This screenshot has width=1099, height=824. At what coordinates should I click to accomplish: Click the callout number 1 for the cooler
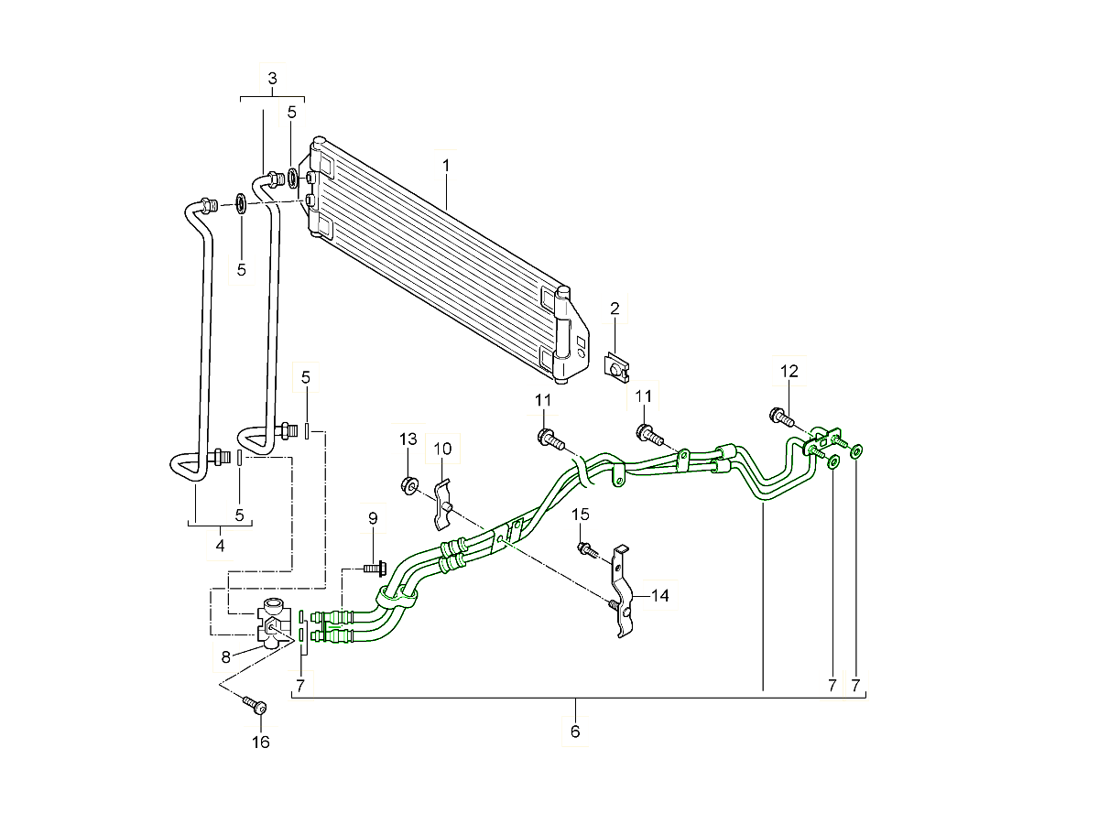click(446, 166)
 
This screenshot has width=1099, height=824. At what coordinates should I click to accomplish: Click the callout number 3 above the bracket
click(272, 80)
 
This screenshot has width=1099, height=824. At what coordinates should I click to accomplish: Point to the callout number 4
click(220, 546)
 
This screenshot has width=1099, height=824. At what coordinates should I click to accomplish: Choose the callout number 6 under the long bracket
click(575, 732)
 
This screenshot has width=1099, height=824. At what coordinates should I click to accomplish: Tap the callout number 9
click(373, 518)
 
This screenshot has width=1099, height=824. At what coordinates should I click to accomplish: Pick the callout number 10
click(443, 449)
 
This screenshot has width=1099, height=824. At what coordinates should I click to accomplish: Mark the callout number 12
click(789, 371)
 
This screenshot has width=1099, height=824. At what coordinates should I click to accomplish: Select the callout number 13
click(408, 439)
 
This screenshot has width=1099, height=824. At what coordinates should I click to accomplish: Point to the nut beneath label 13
click(409, 483)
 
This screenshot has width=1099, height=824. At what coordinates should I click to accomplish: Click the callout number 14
click(660, 595)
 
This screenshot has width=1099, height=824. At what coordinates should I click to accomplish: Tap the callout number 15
click(582, 515)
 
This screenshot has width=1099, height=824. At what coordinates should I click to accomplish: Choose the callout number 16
click(261, 742)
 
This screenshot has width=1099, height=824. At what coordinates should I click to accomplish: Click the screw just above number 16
click(255, 705)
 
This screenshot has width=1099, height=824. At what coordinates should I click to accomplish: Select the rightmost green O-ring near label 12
click(857, 450)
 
